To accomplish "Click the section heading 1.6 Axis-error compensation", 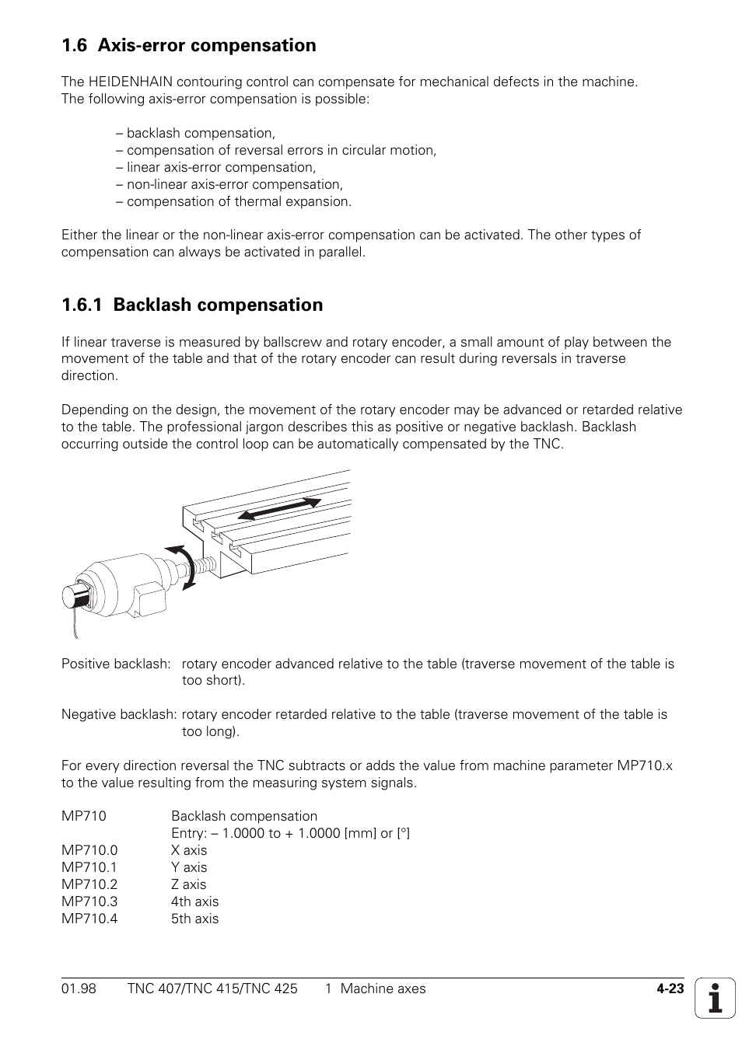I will [189, 46].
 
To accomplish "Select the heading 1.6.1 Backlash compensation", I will [192, 305].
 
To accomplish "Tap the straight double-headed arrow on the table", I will [278, 509].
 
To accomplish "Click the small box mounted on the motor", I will [149, 599].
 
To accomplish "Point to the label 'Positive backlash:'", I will [116, 664].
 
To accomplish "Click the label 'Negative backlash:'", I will [119, 714].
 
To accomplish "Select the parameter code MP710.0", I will [89, 850].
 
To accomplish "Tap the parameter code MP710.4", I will [89, 919].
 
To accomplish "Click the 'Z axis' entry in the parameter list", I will [189, 884].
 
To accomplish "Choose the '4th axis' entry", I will [194, 901].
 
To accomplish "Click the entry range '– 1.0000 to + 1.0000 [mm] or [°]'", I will [290, 833].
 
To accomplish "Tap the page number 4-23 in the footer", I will [669, 989].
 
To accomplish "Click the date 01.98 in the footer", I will [79, 988].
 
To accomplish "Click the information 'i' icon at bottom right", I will [715, 998].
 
